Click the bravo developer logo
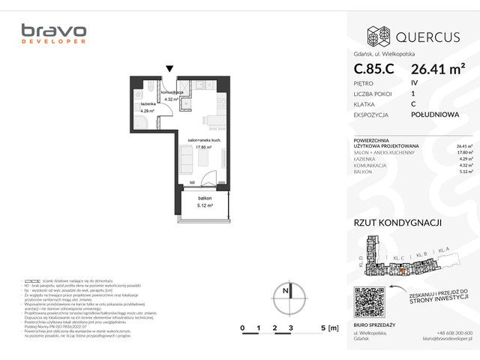click(x=53, y=34)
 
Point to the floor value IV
click(x=415, y=82)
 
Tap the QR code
click(x=373, y=302)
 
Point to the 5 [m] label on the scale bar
click(x=328, y=328)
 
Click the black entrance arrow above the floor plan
click(x=171, y=69)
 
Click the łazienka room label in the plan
click(x=145, y=105)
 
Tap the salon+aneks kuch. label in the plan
click(x=203, y=141)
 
